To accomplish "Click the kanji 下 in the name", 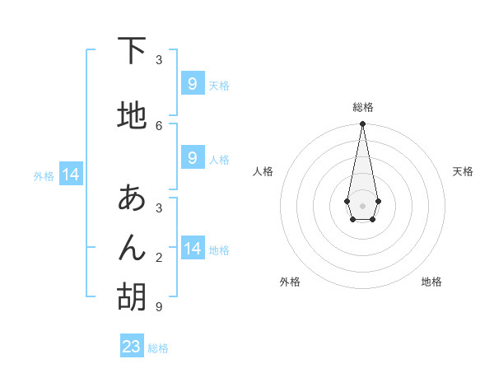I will coord(132,51).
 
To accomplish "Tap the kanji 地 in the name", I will coord(132,115).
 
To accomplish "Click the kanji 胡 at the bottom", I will coord(132,296).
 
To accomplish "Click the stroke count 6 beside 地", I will coord(159,125).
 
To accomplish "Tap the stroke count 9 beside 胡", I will coord(158,306).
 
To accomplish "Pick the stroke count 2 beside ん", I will coord(159,257).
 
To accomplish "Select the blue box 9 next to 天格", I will coord(192,84).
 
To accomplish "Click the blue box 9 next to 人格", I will coord(192,158).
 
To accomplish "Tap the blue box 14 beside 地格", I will coord(192,249).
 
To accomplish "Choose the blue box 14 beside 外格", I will coord(70,175).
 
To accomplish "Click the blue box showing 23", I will coord(132,347).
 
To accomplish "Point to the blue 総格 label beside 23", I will coord(158,348).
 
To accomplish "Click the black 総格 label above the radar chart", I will coord(362,107).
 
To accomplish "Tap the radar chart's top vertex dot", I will coord(362,124).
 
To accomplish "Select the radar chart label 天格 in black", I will coord(463,171).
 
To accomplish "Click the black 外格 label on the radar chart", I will coord(290,282).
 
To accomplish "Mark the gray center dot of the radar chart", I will coord(362,205).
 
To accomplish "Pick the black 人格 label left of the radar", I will coord(263,171).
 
